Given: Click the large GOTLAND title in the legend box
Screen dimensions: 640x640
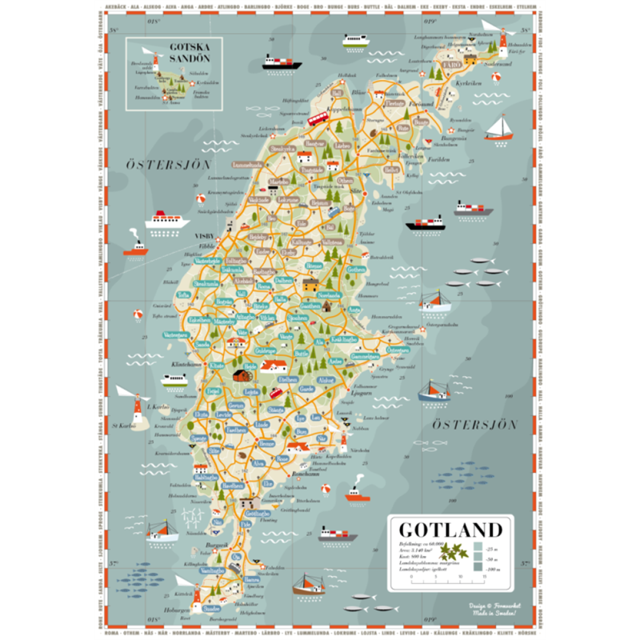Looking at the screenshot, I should [450, 530].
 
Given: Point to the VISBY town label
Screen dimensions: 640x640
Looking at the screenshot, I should [204, 236].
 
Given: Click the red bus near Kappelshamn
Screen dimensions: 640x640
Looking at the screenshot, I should [318, 118].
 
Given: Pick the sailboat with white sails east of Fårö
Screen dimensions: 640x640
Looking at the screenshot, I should [500, 127].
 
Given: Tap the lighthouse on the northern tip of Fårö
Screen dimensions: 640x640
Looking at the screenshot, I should [503, 42].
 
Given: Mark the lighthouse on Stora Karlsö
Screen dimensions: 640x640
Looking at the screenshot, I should [137, 409].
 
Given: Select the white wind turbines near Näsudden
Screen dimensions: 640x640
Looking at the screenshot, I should [193, 517].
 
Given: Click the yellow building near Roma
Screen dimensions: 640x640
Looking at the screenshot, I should [308, 283].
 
